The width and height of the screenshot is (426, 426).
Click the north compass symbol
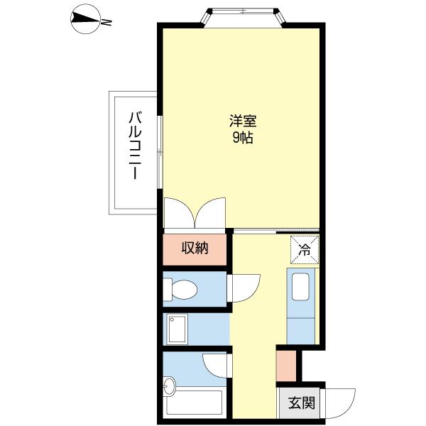coord(85,19)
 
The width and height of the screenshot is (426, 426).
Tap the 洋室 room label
coord(243,121)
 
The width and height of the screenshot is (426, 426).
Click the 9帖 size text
coord(243,138)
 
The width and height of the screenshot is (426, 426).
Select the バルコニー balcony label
coord(136,145)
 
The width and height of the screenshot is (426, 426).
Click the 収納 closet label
coord(195,248)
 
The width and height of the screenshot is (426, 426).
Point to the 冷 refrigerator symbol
coord(305,250)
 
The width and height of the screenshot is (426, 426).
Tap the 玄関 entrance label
coord(302,403)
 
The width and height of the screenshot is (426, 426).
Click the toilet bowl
coord(185,290)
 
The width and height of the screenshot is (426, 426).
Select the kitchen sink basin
coord(300,287)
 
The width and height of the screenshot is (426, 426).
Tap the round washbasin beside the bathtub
coord(170,386)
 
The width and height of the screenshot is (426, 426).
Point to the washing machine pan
coord(177,329)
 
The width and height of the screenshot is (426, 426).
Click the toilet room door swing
coord(244,288)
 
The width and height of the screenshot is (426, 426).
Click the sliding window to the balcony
coord(160,152)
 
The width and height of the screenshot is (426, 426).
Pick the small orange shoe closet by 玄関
coord(286,366)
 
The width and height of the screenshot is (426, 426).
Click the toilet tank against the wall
coord(168,290)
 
